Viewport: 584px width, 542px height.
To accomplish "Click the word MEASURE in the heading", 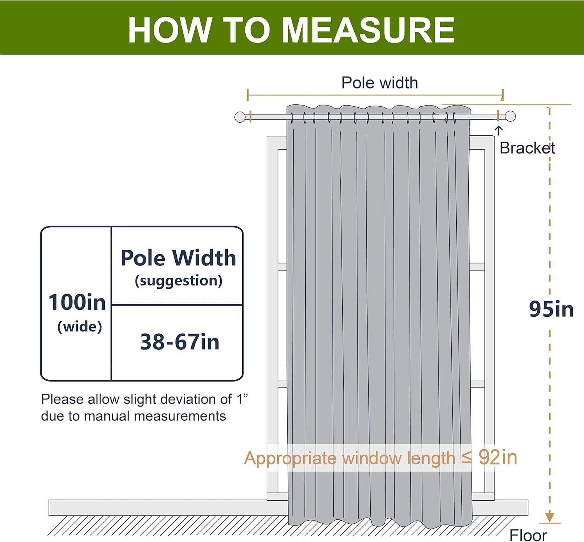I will (368, 30).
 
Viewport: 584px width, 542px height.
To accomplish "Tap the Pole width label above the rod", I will (380, 83).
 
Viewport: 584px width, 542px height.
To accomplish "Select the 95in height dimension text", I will (551, 309).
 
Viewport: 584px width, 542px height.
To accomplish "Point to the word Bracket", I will (527, 148).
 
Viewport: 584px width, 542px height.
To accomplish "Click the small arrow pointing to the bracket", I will (499, 131).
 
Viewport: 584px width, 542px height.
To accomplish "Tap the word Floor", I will (528, 535).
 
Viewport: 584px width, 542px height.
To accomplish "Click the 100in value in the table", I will (77, 302).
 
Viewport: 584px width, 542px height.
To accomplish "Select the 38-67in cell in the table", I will (179, 342).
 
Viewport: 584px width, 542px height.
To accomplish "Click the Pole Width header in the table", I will (178, 258).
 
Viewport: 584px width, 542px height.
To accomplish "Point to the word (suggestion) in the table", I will (178, 281).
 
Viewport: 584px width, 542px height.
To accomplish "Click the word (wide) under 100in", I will (79, 326).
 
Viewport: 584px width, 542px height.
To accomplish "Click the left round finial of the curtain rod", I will (240, 117).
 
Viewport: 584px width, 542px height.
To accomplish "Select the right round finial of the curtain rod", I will (510, 116).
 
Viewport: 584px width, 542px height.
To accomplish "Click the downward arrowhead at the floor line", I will (549, 517).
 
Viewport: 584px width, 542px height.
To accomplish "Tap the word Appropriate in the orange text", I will (290, 458).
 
